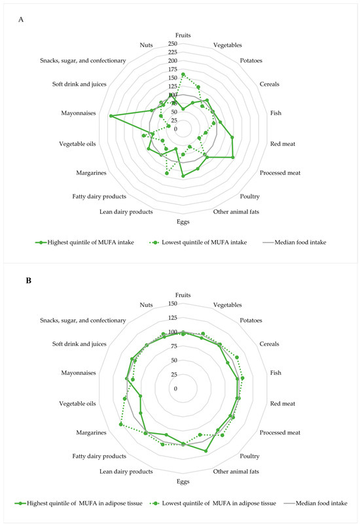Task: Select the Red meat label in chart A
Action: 285,144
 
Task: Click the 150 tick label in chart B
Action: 173,304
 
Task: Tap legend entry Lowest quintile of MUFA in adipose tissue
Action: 211,503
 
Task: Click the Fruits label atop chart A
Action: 183,35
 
